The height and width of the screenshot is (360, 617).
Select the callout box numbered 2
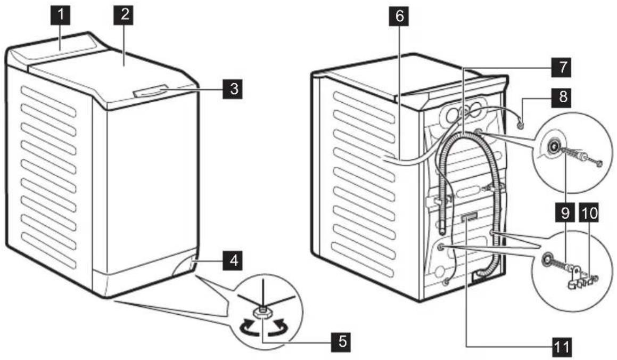125,15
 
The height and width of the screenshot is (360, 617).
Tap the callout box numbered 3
233,89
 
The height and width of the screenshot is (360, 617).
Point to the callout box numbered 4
233,260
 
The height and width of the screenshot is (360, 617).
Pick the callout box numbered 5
342,341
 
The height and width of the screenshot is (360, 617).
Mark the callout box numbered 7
563,67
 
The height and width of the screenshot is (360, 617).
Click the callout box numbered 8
563,96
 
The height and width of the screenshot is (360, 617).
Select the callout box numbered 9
565,213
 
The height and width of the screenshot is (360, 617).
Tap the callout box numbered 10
589,213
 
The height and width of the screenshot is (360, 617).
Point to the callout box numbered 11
562,347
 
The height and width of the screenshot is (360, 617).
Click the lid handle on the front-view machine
150,92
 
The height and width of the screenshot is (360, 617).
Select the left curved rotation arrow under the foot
247,326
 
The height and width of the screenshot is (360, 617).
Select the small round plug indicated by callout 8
521,126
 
